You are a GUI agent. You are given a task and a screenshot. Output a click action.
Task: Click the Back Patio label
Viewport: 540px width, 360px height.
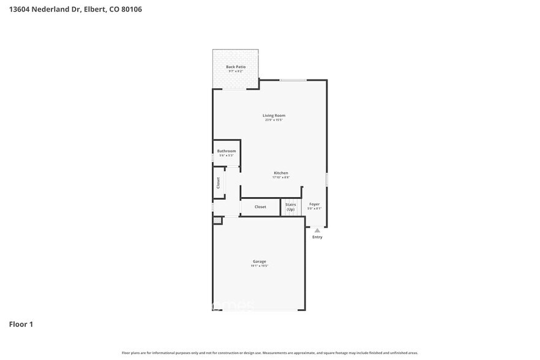[x=236, y=67]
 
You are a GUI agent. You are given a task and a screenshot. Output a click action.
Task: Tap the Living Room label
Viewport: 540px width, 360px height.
[x=274, y=115]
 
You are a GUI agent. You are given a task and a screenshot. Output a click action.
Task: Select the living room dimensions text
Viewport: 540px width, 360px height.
[x=274, y=120]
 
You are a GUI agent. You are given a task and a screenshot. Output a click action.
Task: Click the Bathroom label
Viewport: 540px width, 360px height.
[x=226, y=151]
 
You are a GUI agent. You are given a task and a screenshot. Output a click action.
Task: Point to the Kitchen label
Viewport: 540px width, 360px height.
[x=280, y=173]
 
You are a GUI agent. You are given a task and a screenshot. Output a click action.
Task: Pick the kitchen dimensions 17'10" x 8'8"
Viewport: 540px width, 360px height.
[x=280, y=178]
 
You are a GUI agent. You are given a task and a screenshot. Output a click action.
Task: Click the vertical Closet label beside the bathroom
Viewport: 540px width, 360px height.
[x=218, y=182]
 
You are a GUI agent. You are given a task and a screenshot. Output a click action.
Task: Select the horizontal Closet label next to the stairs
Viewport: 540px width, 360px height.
[x=260, y=207]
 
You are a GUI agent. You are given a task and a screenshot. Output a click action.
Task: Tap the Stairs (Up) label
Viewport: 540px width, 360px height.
[x=290, y=207]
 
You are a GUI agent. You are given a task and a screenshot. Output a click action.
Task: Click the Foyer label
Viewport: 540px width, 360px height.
[x=314, y=204]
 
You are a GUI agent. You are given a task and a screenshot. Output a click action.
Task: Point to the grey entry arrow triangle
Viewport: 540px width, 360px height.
[x=317, y=230]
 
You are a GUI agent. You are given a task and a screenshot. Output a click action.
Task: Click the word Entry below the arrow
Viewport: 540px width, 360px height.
[x=317, y=237]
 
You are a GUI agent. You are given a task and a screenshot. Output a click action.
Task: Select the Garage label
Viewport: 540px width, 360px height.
[x=259, y=261]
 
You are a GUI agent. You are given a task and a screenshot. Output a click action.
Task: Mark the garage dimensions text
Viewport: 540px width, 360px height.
[x=259, y=266]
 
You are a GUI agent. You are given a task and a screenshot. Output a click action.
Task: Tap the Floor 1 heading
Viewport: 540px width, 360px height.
[x=21, y=324]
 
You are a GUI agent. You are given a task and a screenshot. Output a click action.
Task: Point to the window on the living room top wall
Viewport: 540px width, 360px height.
[x=293, y=80]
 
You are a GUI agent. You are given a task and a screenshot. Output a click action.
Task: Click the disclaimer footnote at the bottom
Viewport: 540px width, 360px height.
[x=270, y=353]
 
